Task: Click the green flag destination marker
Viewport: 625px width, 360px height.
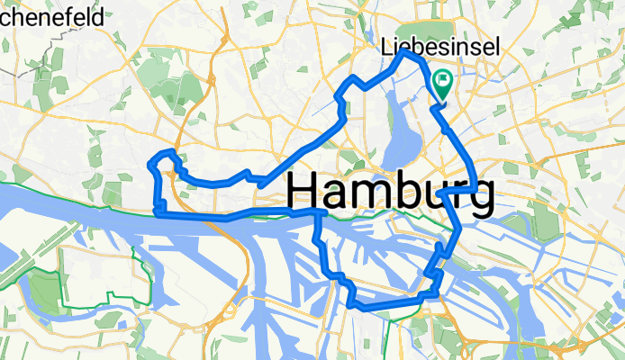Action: tap(444, 84)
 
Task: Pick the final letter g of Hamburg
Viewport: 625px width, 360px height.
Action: tap(480, 196)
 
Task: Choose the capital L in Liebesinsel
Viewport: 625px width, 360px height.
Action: tap(387, 46)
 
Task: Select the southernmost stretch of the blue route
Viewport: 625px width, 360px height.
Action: tap(378, 305)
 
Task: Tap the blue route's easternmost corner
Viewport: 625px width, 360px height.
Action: tap(476, 189)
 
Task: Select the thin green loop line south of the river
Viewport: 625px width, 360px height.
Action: tap(135, 270)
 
